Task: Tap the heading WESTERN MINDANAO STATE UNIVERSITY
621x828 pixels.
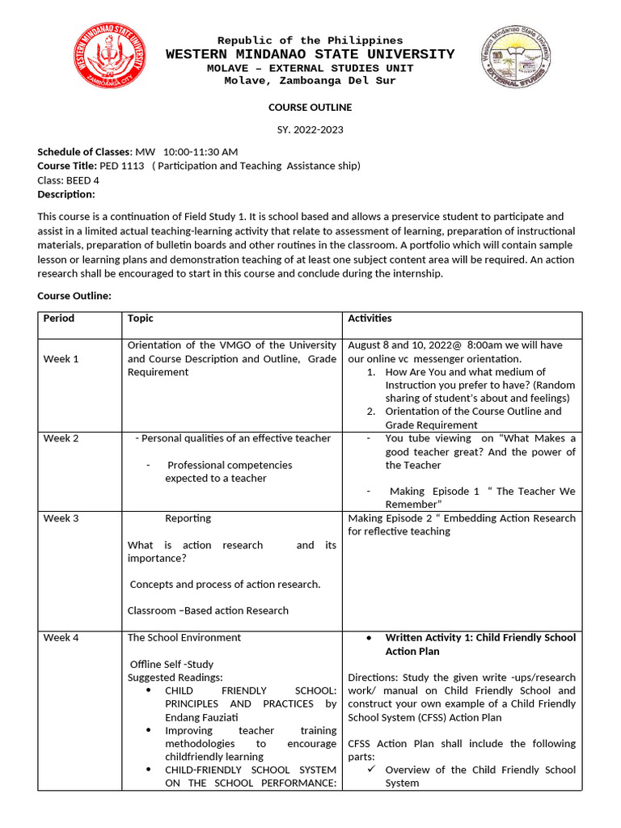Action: pos(310,54)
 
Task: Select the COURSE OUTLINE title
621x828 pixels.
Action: pos(310,107)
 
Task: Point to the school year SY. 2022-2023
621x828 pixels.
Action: pos(310,130)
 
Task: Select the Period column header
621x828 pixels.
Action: pos(58,319)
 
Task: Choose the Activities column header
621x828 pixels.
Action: pos(370,319)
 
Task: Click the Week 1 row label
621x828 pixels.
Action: pos(61,358)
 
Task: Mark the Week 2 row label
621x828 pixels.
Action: pos(61,438)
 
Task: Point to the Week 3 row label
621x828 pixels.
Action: pos(61,518)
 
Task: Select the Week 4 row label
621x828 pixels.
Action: pos(61,638)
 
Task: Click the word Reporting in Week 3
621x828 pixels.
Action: pos(188,518)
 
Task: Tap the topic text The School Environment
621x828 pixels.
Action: pos(184,638)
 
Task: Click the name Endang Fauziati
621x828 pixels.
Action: pos(202,717)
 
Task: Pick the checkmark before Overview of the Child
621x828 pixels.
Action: pos(372,770)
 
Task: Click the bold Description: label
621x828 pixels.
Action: pos(66,194)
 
